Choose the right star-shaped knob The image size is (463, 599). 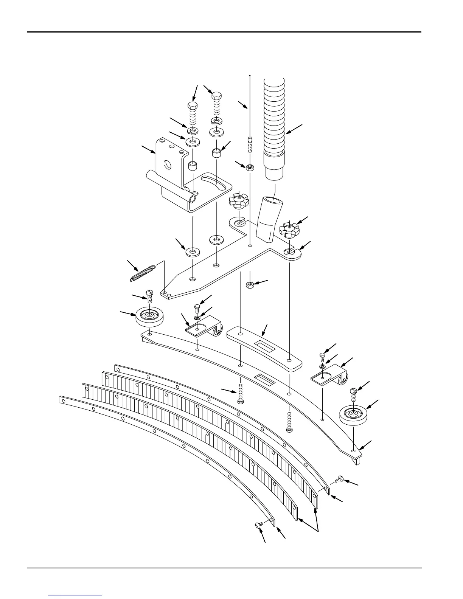(289, 229)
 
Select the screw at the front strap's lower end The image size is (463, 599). (258, 525)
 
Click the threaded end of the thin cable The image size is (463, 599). (250, 144)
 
